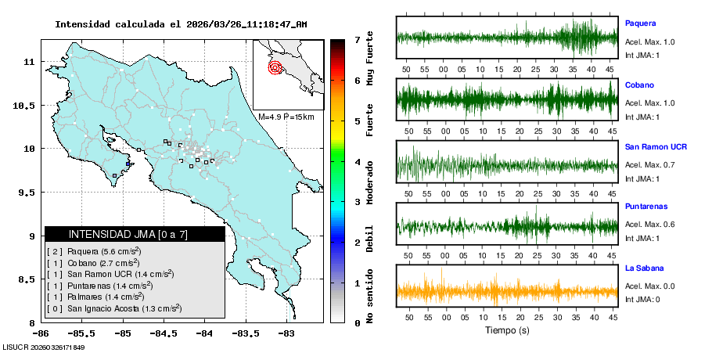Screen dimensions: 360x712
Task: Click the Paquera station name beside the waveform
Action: pos(640,23)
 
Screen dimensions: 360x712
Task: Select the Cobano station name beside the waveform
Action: pos(639,85)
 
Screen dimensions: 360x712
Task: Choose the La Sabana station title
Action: pos(645,268)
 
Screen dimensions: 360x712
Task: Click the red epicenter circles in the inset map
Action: pos(275,67)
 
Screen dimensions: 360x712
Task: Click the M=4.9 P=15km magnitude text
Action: pos(286,117)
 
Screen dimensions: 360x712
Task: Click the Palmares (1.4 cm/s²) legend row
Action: pos(95,297)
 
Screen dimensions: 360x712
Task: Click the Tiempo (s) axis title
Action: pos(507,330)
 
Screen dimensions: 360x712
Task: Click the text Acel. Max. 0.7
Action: pos(649,164)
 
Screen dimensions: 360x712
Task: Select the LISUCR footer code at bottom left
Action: pos(43,347)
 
